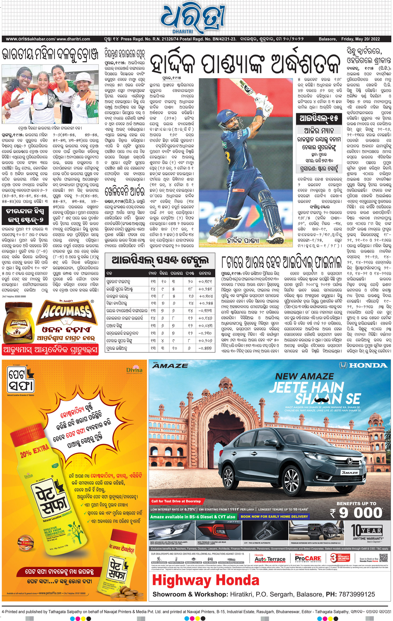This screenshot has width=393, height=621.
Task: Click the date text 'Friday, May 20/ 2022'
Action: [360, 39]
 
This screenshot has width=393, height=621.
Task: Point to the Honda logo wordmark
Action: [364, 365]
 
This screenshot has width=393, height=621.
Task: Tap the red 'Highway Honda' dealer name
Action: [206, 580]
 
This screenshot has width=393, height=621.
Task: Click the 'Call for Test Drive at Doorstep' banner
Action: [176, 501]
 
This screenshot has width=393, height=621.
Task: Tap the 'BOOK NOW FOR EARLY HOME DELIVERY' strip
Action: [274, 516]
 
